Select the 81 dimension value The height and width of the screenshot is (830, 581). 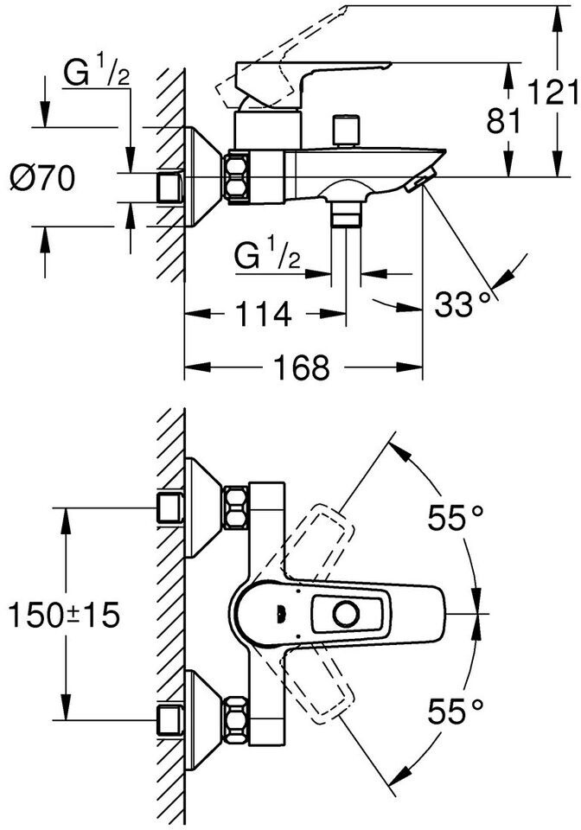pyautogui.click(x=504, y=121)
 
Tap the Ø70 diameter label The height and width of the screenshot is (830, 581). pyautogui.click(x=42, y=178)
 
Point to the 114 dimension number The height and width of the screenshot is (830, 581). pyautogui.click(x=263, y=315)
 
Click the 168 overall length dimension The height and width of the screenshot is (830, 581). pyautogui.click(x=301, y=367)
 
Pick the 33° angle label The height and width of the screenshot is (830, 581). pyautogui.click(x=463, y=304)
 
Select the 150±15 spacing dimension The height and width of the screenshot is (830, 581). pyautogui.click(x=63, y=615)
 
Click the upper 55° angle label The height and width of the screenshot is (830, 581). pyautogui.click(x=456, y=517)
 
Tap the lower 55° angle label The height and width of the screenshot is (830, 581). pyautogui.click(x=456, y=711)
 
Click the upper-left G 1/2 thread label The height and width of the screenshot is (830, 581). pyautogui.click(x=96, y=73)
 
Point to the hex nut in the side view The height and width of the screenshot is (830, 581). pyautogui.click(x=237, y=176)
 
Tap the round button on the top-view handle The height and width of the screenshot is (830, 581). pyautogui.click(x=347, y=615)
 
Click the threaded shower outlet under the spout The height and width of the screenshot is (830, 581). pyautogui.click(x=346, y=215)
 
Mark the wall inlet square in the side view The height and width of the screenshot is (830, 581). pyautogui.click(x=169, y=187)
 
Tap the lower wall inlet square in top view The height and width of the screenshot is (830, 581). pyautogui.click(x=169, y=719)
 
